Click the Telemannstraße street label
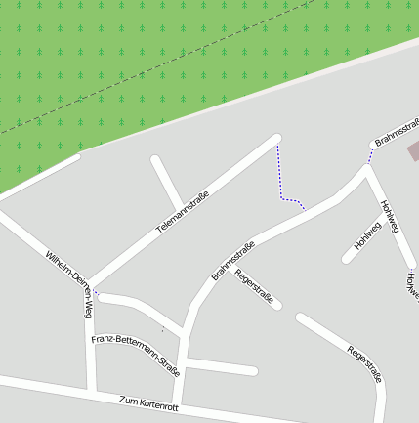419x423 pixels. [x=184, y=211]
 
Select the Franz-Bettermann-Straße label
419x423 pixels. [x=136, y=356]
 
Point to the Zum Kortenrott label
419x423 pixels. [x=147, y=402]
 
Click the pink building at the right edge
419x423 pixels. [x=414, y=150]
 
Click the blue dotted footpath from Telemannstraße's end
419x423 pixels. [x=282, y=186]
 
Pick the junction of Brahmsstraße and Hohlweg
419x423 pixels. [x=366, y=170]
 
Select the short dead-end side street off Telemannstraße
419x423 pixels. [x=166, y=181]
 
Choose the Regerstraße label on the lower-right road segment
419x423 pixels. [x=364, y=363]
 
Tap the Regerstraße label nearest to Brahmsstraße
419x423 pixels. [x=255, y=286]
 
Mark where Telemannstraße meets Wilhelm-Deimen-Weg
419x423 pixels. [x=91, y=286]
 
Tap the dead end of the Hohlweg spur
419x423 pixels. [x=347, y=260]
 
